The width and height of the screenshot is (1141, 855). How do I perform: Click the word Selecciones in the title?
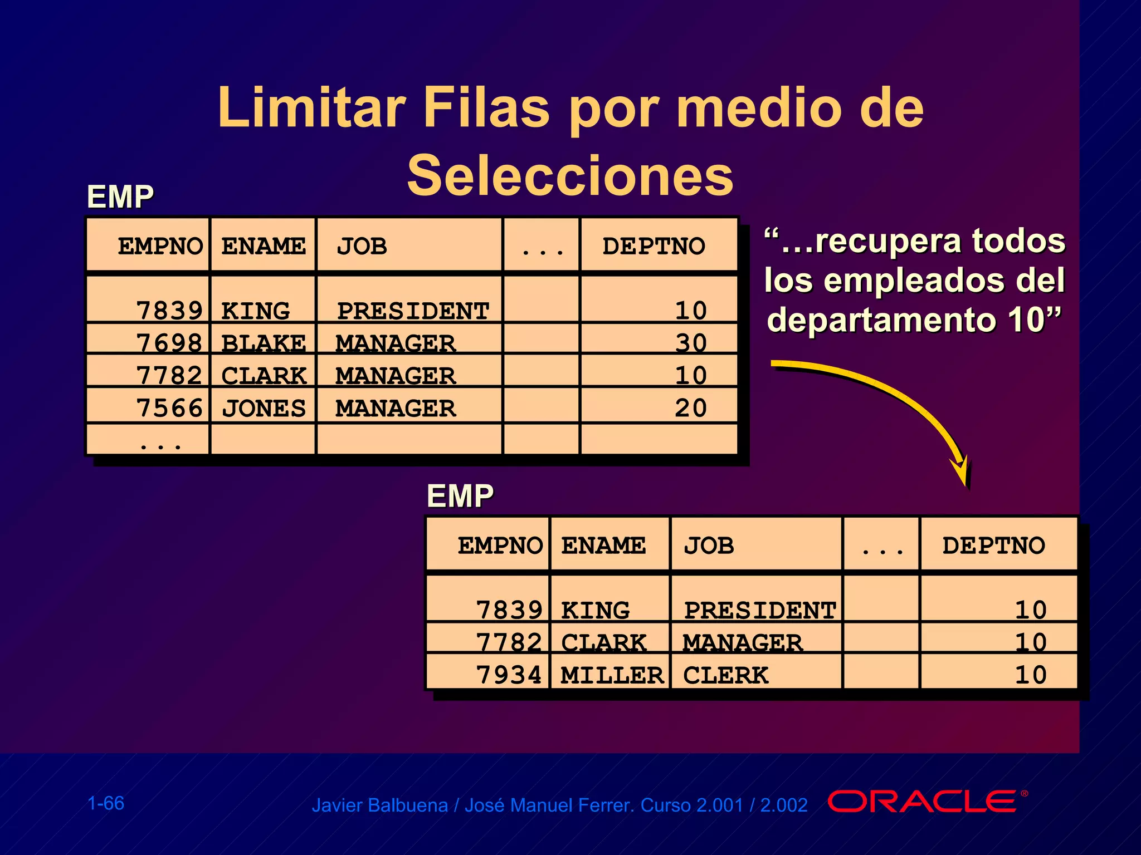[570, 176]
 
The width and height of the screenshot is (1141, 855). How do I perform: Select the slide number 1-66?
[106, 803]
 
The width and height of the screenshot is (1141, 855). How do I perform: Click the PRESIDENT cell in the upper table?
[413, 311]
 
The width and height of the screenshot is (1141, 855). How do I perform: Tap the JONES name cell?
[264, 408]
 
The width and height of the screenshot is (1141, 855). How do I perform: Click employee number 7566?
[169, 408]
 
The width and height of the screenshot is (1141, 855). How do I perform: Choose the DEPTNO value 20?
[691, 408]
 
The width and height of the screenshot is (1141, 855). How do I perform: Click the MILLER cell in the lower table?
[612, 675]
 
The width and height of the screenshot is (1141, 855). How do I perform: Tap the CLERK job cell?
[725, 675]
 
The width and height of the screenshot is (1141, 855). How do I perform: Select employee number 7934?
[509, 675]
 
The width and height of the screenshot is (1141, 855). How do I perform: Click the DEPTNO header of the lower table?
[993, 546]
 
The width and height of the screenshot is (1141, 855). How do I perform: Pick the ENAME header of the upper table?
[264, 246]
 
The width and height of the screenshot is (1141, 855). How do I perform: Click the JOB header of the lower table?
[709, 546]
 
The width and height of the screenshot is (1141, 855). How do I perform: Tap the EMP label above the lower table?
[460, 495]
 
